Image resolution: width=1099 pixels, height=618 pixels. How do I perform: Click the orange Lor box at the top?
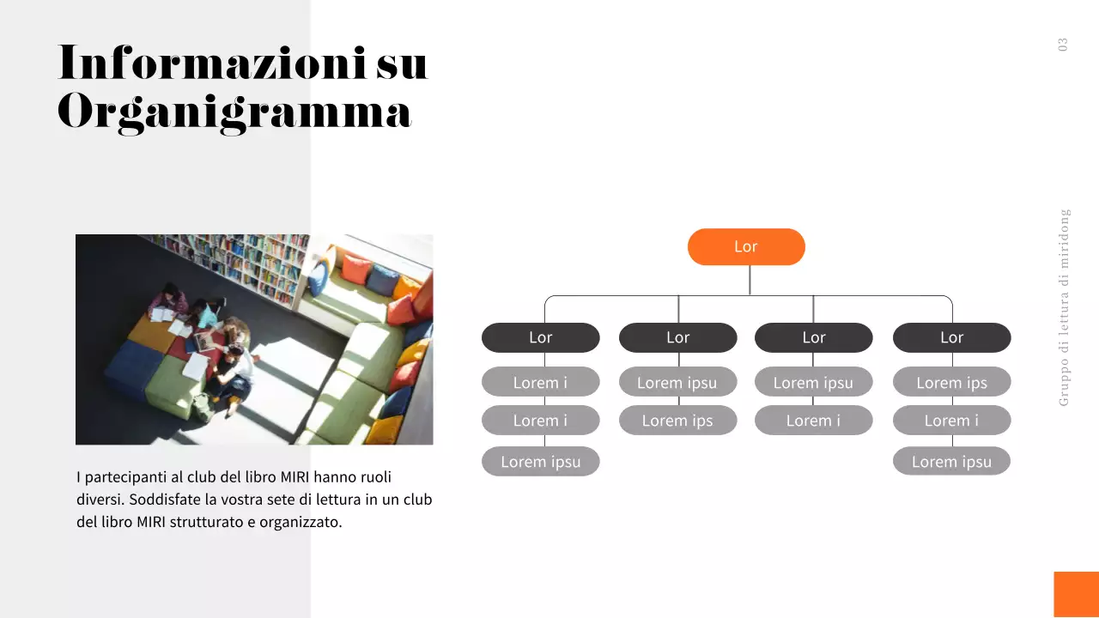[746, 247]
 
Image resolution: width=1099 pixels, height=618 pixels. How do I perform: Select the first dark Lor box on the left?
[540, 337]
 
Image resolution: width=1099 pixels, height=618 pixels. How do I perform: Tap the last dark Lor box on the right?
[951, 337]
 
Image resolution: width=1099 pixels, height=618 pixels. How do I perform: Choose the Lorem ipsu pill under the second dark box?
[677, 382]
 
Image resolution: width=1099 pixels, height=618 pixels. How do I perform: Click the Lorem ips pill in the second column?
[677, 421]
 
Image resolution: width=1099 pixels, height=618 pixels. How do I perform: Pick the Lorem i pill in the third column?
[813, 421]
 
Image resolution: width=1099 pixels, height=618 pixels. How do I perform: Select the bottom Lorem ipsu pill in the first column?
[540, 462]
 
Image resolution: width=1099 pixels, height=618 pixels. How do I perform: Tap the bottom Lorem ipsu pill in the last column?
[951, 462]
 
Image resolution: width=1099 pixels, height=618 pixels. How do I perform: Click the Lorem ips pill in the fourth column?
[951, 382]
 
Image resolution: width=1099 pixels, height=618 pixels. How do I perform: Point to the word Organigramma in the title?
[234, 112]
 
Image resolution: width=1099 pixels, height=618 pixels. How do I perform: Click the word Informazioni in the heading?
[212, 63]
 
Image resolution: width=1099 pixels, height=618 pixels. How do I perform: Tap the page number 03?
[1063, 45]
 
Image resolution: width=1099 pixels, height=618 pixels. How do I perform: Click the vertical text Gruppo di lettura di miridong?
[1065, 306]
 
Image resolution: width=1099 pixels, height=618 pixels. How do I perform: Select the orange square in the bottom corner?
[1076, 594]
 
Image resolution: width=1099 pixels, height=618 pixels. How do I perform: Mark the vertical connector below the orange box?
[750, 280]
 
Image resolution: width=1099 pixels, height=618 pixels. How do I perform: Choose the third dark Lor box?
[813, 337]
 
